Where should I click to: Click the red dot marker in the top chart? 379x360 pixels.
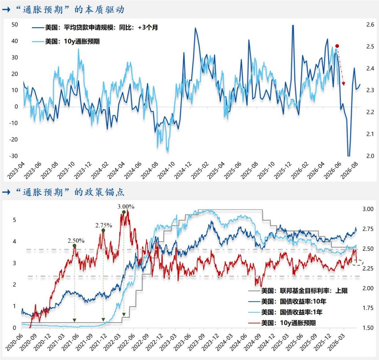tap(337, 46)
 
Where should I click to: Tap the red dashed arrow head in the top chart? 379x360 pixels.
tap(344, 84)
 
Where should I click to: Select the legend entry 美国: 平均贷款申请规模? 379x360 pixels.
tap(95, 28)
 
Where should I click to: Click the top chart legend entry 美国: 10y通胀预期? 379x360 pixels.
tap(66, 41)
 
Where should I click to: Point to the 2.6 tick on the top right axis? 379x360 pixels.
tap(370, 25)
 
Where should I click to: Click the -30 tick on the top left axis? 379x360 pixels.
tap(13, 156)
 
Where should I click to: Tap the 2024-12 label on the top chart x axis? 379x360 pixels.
tap(183, 171)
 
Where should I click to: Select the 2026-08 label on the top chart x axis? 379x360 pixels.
tap(350, 171)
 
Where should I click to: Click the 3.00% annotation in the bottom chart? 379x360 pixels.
tap(126, 207)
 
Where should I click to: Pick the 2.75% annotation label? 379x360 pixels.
tap(104, 226)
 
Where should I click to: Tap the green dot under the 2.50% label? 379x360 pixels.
tap(74, 246)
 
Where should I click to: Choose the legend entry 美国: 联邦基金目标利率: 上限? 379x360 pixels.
tap(298, 290)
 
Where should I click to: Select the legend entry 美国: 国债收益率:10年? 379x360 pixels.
tap(288, 301)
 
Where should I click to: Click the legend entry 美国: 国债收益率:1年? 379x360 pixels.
tap(285, 312)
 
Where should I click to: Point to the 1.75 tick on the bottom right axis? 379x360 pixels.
tap(368, 308)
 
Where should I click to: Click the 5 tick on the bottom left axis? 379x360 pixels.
tap(15, 220)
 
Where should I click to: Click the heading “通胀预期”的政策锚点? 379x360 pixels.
tap(70, 192)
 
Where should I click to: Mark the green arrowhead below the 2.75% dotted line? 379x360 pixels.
tap(103, 320)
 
